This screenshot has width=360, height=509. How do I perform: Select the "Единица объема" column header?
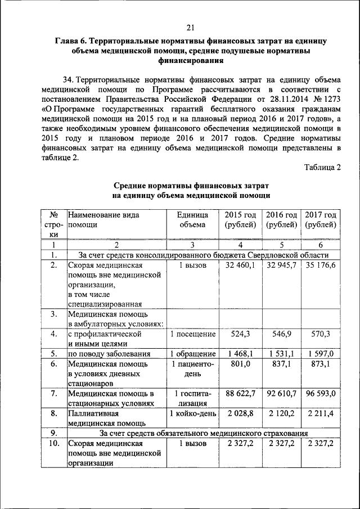[192, 220]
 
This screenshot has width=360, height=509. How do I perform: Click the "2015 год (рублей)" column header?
[240, 220]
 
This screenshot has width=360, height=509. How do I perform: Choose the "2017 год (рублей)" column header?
[321, 220]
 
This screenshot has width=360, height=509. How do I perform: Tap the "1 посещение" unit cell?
[193, 334]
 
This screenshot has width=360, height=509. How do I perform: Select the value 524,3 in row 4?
[240, 334]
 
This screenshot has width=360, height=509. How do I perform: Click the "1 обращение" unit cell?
[193, 354]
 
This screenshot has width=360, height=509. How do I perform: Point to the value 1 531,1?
[281, 354]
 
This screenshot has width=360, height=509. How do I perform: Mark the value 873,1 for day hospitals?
[321, 364]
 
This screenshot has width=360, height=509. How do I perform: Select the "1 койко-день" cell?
[193, 413]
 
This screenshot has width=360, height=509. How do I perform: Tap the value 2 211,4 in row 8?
[321, 413]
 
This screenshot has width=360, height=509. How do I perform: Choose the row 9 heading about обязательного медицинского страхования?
[203, 433]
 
